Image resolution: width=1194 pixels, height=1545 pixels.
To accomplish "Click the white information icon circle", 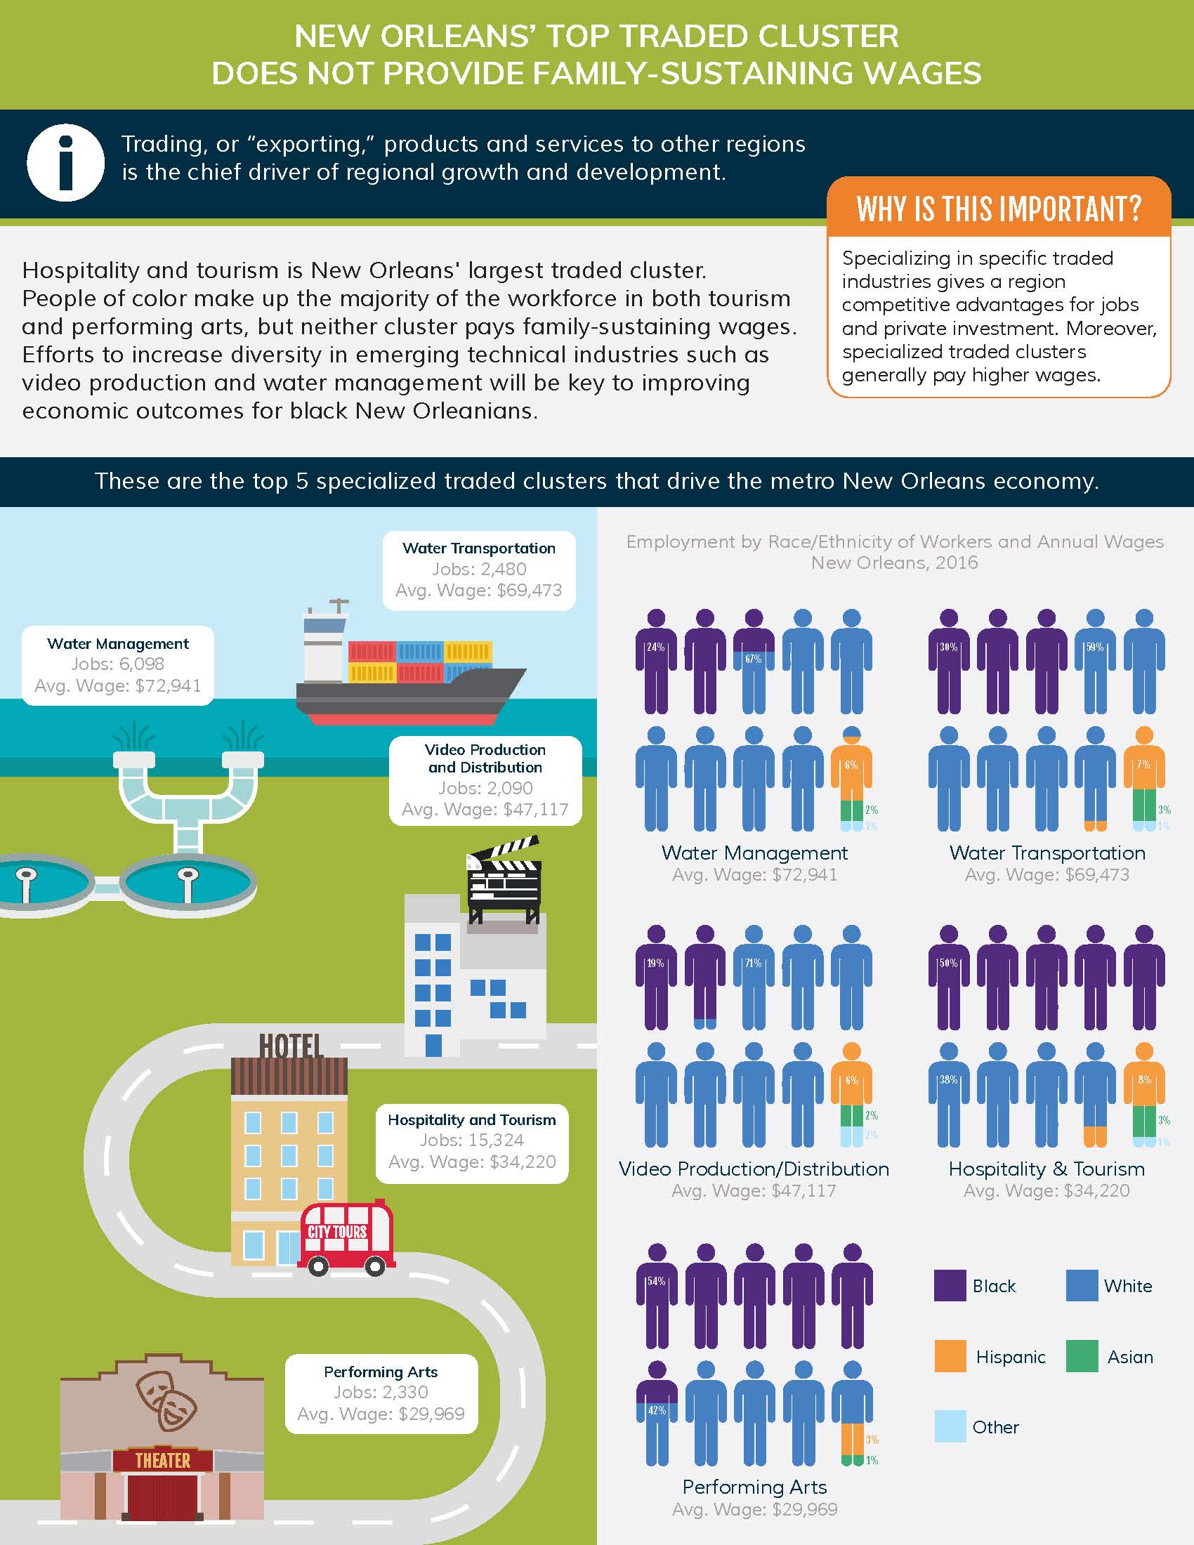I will click(65, 163).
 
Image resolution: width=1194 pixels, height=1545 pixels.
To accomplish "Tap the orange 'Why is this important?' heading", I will click(998, 208).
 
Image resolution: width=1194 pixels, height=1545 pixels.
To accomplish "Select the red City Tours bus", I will click(346, 1238).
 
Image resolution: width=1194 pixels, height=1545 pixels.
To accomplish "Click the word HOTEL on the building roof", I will click(291, 1046).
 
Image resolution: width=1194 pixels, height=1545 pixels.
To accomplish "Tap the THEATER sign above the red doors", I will click(163, 1460).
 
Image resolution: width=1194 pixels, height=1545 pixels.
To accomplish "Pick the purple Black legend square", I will click(950, 1285).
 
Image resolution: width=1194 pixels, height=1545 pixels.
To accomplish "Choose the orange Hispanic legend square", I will click(950, 1356).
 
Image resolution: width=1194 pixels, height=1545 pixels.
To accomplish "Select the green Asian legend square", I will click(1082, 1356).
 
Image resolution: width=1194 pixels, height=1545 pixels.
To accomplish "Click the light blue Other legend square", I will click(950, 1426).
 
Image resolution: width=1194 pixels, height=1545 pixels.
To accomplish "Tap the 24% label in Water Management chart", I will click(656, 647).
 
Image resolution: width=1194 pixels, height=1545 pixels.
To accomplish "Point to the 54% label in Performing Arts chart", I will click(656, 1281).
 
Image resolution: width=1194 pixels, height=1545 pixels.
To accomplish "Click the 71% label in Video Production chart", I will click(754, 963).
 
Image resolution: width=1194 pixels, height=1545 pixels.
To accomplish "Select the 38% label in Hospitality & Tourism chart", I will click(948, 1079).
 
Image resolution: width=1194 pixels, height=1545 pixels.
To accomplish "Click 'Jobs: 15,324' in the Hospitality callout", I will click(472, 1140).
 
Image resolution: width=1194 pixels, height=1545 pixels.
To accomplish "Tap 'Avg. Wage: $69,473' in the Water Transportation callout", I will click(479, 590).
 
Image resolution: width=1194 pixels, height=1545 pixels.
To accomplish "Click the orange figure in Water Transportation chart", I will click(1143, 778).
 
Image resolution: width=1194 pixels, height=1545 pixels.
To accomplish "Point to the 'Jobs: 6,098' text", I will click(117, 664).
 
